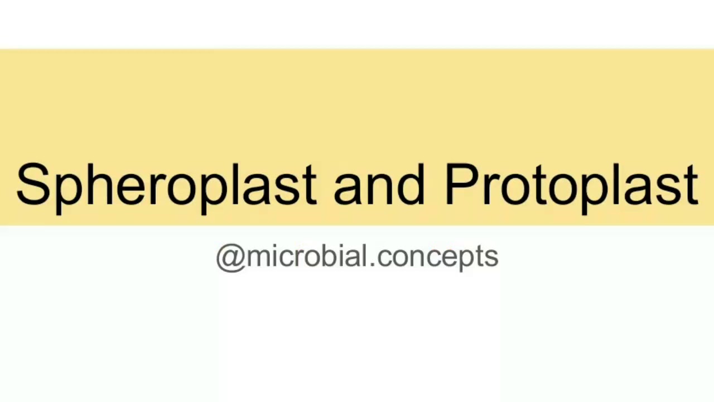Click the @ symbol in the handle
click(x=230, y=257)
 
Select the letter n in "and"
click(x=379, y=189)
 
